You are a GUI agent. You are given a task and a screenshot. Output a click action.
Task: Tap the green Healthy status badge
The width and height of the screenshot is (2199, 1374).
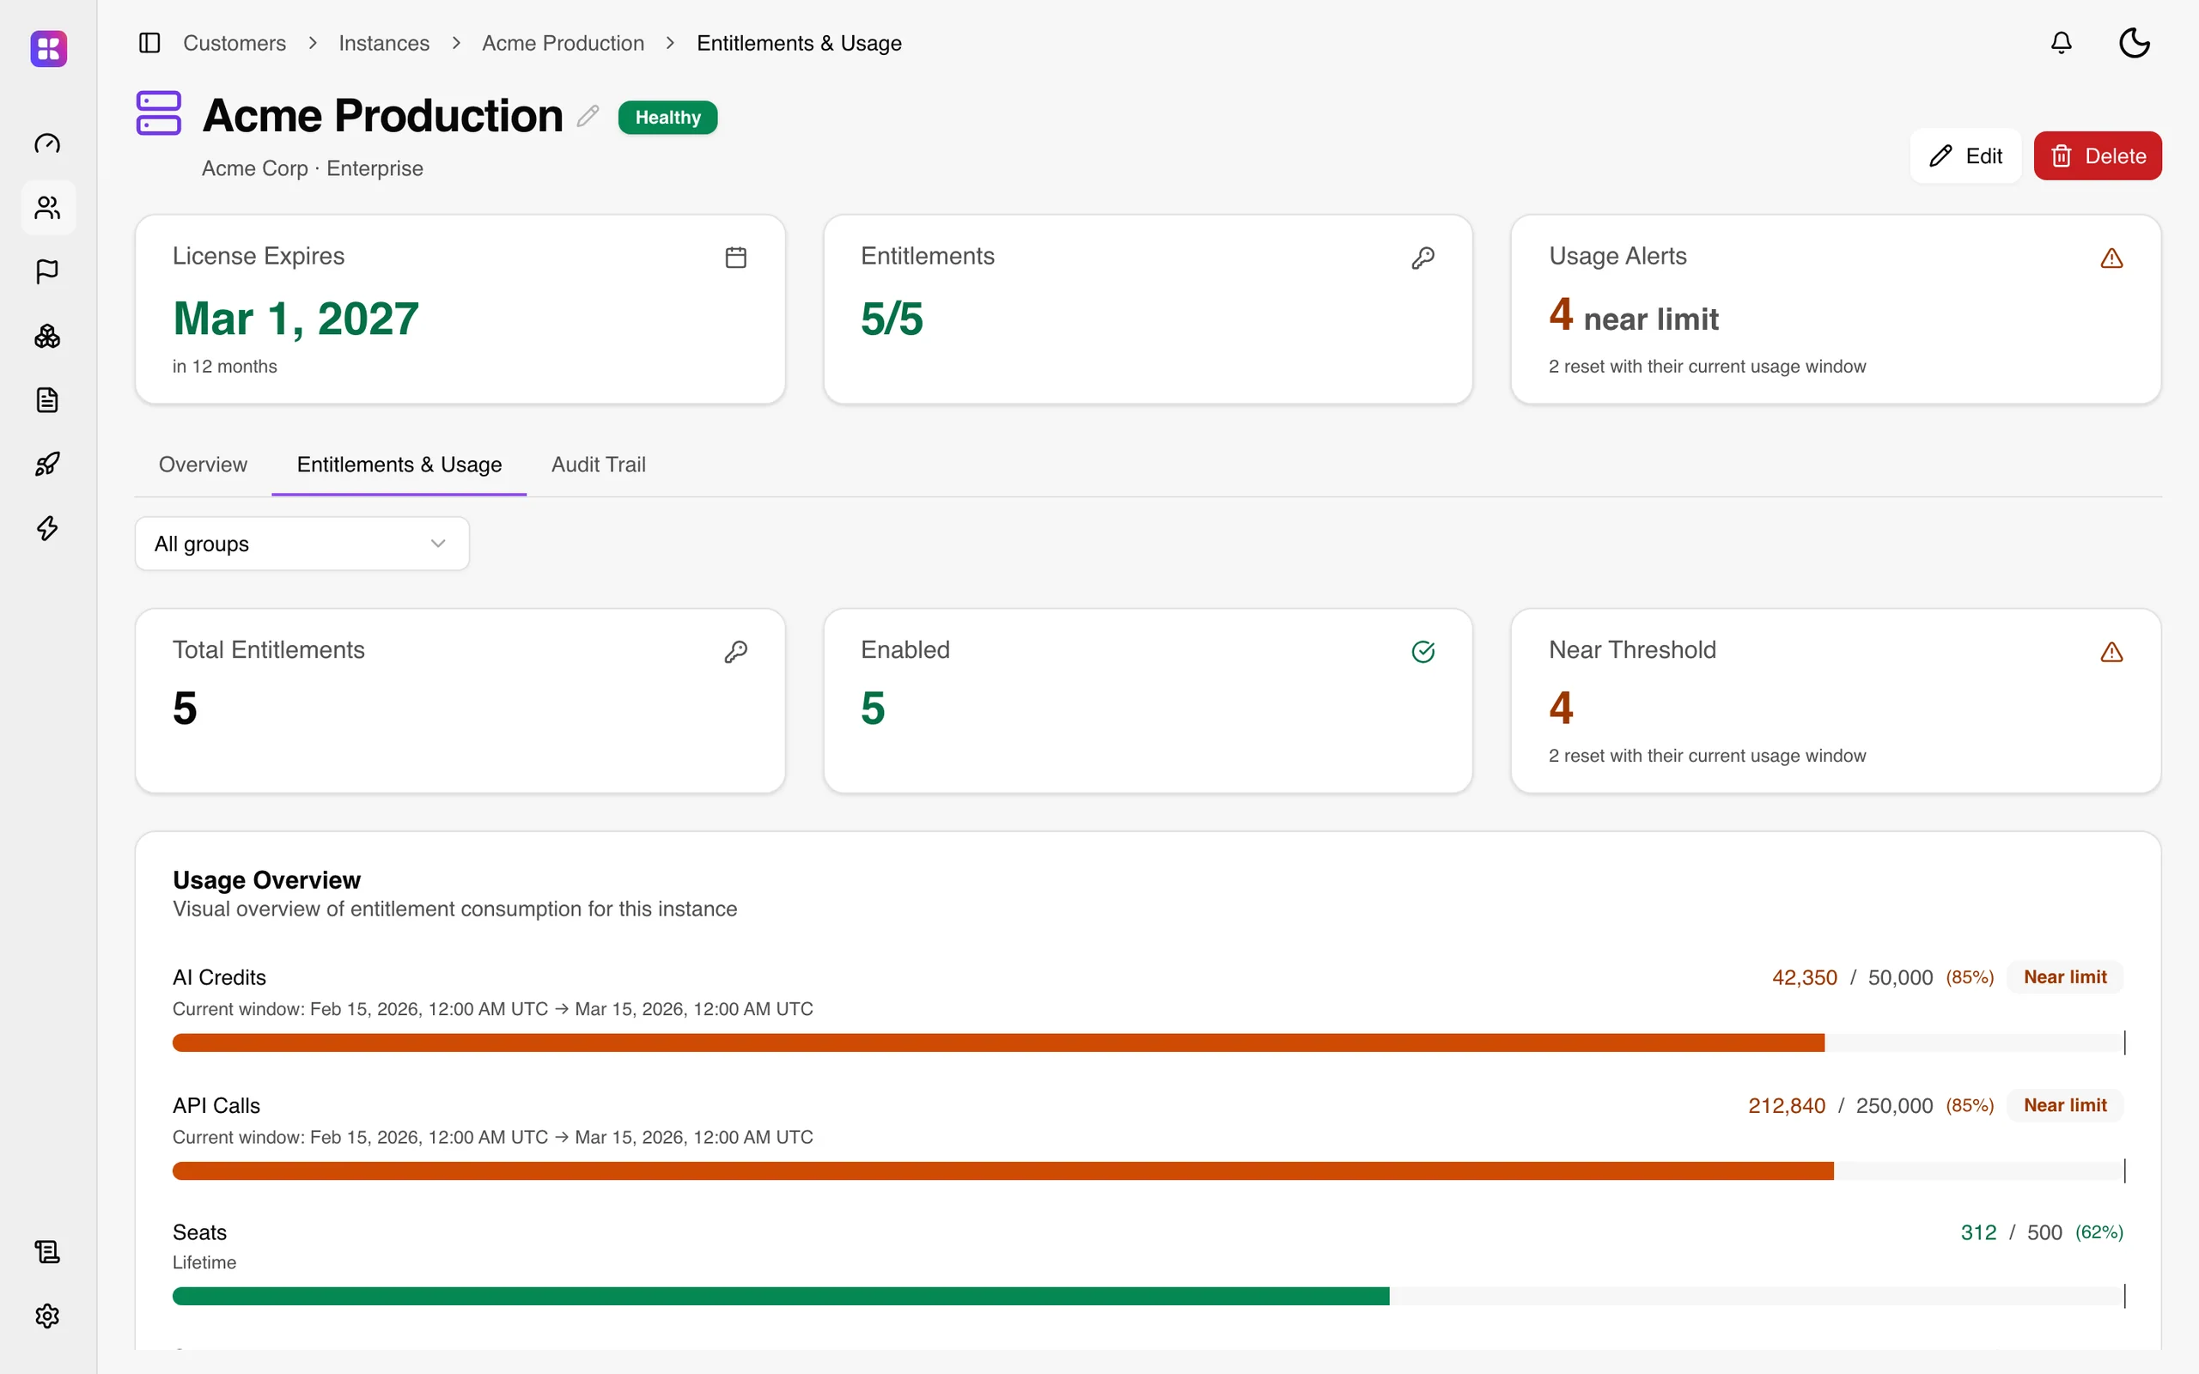coord(668,118)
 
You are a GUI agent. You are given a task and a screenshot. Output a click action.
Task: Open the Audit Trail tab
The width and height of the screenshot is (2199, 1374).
coord(598,465)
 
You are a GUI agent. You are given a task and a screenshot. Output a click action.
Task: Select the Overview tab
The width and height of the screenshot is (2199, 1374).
coord(203,465)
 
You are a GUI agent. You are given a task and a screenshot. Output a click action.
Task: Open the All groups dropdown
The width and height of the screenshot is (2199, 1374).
coord(302,544)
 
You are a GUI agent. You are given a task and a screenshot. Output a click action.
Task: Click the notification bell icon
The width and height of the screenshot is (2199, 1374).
coord(2061,43)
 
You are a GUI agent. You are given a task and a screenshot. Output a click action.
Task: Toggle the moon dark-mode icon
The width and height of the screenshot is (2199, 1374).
coord(2134,43)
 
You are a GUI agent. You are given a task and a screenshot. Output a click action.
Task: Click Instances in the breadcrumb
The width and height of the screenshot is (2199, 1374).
coord(383,43)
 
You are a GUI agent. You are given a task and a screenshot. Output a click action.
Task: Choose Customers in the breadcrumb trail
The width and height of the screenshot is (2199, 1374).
coord(235,43)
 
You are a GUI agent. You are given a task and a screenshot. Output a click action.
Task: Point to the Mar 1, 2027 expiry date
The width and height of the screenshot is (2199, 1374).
coord(295,319)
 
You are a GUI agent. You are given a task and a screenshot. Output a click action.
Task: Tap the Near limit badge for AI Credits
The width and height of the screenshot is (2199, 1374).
coord(2064,977)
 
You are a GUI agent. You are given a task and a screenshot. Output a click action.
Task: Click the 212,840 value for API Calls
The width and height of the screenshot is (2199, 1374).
coord(1787,1105)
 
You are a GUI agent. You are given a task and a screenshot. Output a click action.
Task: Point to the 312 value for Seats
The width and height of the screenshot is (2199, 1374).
coord(1978,1232)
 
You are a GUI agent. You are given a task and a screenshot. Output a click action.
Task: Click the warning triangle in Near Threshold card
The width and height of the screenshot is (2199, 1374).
coord(2111,653)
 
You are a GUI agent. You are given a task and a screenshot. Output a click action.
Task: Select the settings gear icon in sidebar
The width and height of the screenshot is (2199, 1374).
coord(47,1316)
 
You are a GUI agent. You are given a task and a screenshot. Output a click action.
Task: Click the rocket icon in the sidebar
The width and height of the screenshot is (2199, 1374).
coord(47,465)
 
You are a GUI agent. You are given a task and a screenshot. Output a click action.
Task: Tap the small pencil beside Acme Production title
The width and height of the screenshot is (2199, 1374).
coord(588,115)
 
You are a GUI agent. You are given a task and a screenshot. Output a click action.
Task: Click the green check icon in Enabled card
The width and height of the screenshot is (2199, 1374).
coord(1423,652)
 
